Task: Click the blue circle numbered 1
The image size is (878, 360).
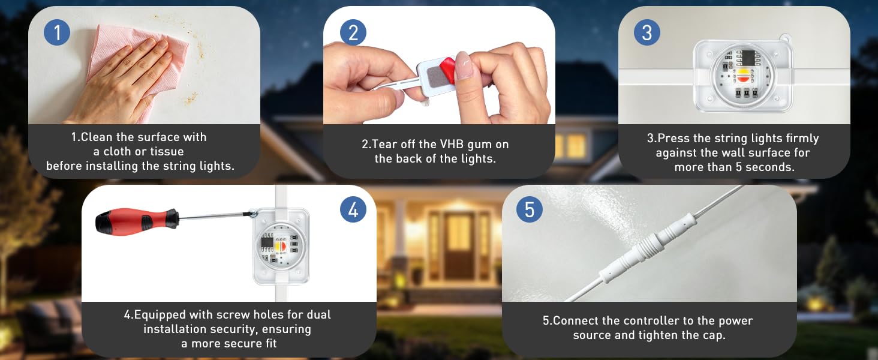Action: coord(57,32)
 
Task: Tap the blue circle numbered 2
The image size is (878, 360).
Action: coord(353,32)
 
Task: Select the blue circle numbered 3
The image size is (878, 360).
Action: coord(647,32)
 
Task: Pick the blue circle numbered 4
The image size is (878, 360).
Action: coord(353,209)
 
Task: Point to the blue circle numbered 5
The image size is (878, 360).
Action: coord(530,209)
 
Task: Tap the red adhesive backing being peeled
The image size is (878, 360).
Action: coord(447,69)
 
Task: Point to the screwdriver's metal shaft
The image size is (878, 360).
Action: coord(215,215)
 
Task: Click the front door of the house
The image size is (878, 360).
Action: coord(459,245)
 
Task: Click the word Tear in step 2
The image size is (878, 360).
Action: coord(384,145)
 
